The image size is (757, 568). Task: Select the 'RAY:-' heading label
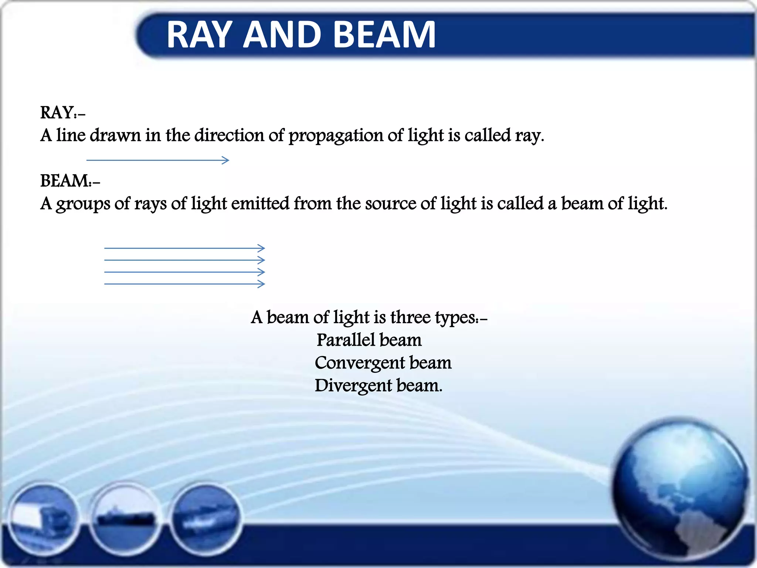pyautogui.click(x=62, y=112)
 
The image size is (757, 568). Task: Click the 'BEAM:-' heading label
pyautogui.click(x=70, y=181)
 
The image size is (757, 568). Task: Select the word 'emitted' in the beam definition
pyautogui.click(x=260, y=203)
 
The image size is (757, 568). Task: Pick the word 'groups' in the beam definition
pyautogui.click(x=83, y=204)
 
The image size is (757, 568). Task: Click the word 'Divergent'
pyautogui.click(x=353, y=386)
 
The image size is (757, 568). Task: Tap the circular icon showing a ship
pyautogui.click(x=125, y=516)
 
